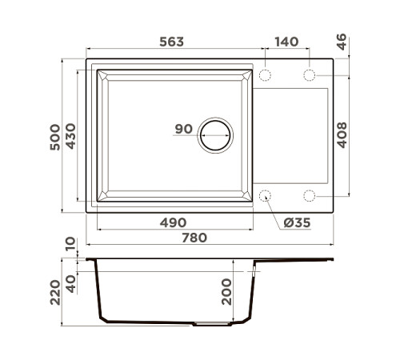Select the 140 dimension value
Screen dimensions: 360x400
point(287,42)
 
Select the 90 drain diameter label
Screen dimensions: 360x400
point(182,130)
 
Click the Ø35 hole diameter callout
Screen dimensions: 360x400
point(297,222)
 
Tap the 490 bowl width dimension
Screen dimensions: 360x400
point(173,222)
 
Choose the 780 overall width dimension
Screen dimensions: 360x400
point(194,238)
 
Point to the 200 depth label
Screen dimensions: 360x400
point(226,291)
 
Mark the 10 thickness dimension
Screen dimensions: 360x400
point(71,243)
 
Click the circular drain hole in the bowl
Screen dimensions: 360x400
point(216,134)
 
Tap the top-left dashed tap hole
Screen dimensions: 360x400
point(266,75)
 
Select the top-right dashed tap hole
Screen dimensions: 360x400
point(310,75)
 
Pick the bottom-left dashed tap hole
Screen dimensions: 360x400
point(266,195)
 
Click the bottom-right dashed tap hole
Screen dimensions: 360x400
point(310,195)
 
